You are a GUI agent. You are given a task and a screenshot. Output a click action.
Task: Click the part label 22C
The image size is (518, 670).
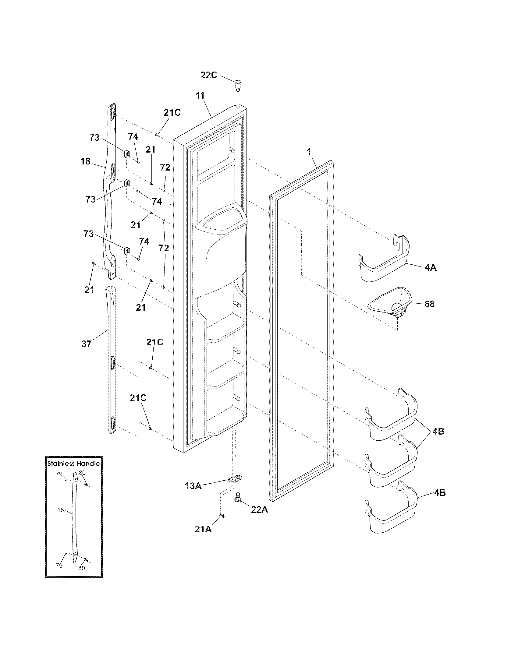click(x=209, y=75)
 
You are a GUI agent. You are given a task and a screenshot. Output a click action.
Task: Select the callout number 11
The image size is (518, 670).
click(x=200, y=95)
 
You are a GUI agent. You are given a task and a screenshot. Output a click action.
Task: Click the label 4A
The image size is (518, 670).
click(x=431, y=268)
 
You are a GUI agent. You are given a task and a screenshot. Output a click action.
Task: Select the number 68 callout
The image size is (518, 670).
click(x=429, y=304)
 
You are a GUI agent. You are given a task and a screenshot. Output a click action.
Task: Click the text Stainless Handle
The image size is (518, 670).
click(x=74, y=464)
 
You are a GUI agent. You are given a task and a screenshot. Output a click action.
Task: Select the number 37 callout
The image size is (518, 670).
click(x=87, y=344)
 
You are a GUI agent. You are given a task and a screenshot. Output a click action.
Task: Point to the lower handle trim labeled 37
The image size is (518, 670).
click(x=112, y=362)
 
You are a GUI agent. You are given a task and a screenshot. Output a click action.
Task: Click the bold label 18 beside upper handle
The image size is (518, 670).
click(x=85, y=161)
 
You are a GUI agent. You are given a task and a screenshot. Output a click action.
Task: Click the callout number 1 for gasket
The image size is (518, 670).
click(x=309, y=152)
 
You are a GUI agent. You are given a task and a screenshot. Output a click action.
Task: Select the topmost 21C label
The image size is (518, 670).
click(x=172, y=113)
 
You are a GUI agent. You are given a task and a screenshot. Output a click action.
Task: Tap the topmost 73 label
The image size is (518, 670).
click(x=94, y=137)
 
